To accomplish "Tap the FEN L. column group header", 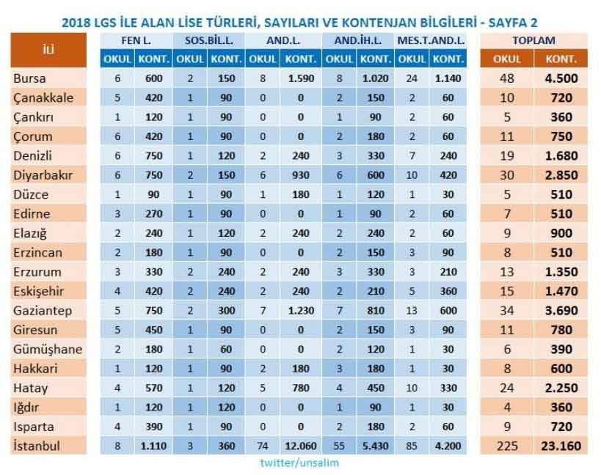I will pos(136,40).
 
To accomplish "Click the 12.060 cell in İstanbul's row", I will pos(301,445).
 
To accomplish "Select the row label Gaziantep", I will pos(43,311).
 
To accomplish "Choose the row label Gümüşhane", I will pos(48,349).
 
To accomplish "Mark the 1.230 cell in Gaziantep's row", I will pos(301,311).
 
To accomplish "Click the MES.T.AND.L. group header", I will pos(431,40).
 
